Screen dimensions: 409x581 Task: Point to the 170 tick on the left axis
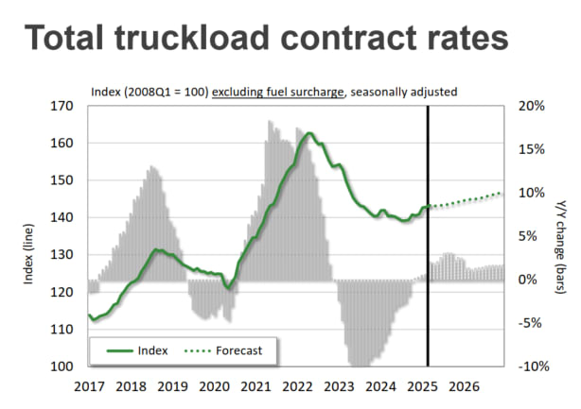tap(61, 106)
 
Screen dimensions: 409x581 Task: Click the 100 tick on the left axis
tap(61, 366)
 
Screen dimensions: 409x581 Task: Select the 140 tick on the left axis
tap(61, 217)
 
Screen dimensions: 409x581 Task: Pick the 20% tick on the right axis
tap(532, 106)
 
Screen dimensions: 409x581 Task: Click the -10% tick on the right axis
tap(531, 366)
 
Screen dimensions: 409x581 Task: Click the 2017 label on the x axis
tap(88, 386)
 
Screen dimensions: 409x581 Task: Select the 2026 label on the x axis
tap(463, 386)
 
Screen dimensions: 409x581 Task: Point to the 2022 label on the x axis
tap(296, 386)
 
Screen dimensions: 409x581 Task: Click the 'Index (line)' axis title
tap(28, 236)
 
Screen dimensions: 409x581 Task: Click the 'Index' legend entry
tap(151, 349)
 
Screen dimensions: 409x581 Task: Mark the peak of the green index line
tap(308, 133)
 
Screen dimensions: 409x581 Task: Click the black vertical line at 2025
tap(429, 236)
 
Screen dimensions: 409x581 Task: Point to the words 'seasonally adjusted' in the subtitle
tap(401, 92)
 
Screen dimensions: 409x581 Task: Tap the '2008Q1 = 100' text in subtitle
tap(167, 92)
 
